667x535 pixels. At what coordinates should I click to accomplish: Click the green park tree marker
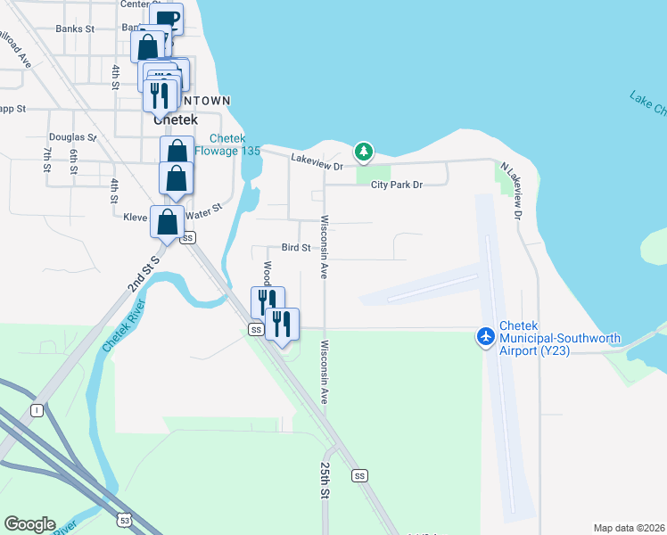tap(363, 151)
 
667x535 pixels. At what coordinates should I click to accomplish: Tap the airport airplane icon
tap(486, 337)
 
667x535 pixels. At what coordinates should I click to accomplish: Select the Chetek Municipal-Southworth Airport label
tap(544, 338)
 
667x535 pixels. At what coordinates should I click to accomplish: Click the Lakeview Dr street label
tap(317, 160)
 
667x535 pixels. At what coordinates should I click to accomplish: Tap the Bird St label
tap(295, 247)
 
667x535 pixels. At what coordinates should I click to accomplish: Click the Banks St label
tap(75, 29)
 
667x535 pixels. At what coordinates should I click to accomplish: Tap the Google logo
tap(29, 524)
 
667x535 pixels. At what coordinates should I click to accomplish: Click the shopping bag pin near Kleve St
tap(168, 222)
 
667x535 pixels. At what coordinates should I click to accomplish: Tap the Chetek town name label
tap(175, 119)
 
